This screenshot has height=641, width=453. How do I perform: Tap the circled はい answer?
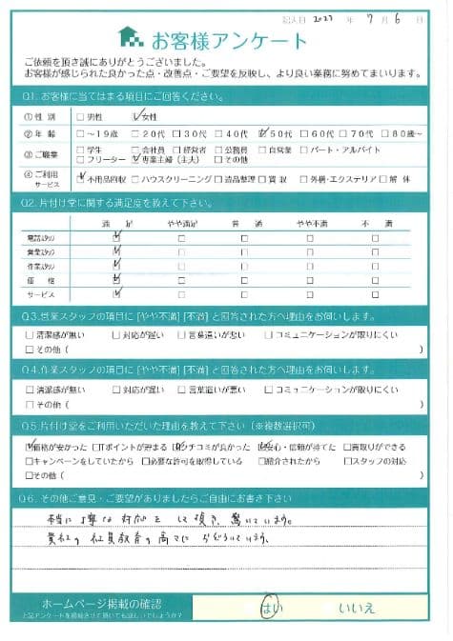coord(269,607)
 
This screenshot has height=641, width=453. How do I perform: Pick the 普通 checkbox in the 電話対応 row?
coord(244,236)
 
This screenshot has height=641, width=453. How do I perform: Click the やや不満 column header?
coord(309,222)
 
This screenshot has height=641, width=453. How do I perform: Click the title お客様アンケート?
coord(226,40)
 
